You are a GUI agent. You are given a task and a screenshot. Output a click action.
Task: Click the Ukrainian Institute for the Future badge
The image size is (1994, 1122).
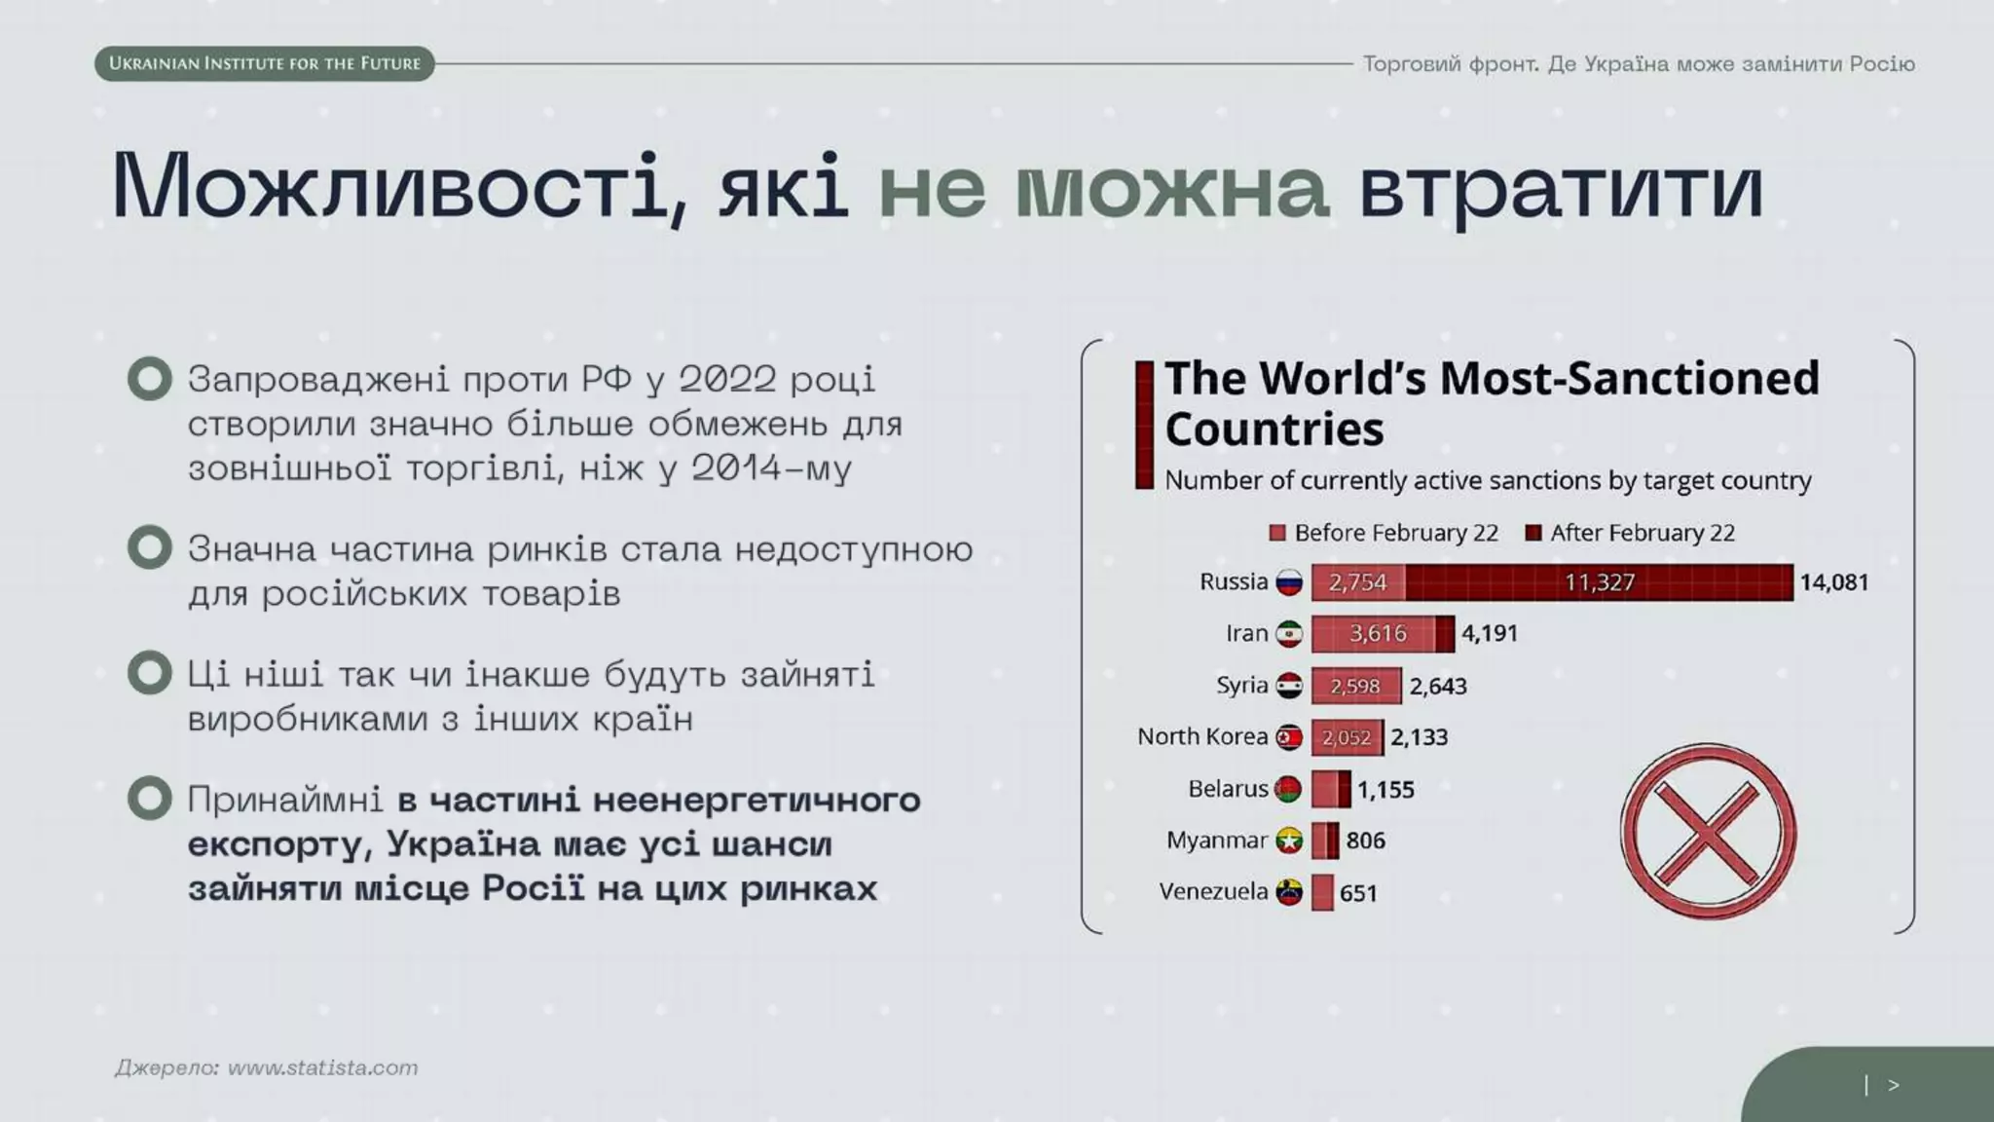(x=264, y=63)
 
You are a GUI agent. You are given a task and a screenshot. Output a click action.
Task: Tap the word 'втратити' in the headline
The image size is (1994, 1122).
(x=1560, y=186)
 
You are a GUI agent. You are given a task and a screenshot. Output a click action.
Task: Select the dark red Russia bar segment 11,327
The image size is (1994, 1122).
(x=1599, y=582)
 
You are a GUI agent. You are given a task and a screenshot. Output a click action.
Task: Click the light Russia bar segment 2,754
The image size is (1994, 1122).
(x=1357, y=582)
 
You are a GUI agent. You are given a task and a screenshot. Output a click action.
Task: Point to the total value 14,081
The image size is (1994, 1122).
(x=1833, y=582)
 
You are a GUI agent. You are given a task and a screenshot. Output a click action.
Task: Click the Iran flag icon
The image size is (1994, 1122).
(x=1289, y=634)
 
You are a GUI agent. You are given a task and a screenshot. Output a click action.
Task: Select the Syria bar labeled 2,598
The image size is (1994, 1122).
(x=1355, y=686)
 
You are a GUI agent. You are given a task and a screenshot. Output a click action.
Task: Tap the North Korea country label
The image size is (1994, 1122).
(x=1201, y=736)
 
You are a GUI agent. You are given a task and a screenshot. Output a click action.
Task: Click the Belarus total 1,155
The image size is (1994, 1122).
(x=1385, y=789)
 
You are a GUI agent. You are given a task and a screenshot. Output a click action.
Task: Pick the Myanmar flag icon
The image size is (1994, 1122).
(x=1289, y=841)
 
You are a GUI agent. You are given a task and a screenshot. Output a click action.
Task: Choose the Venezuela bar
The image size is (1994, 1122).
(x=1322, y=892)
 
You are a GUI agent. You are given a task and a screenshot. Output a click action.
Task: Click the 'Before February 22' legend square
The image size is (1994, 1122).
(x=1277, y=533)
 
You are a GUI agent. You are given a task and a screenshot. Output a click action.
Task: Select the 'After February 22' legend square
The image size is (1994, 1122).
(x=1533, y=533)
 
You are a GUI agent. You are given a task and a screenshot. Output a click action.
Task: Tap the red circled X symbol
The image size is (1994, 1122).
(x=1708, y=832)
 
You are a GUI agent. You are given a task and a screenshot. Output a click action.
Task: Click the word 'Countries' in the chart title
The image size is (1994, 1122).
(x=1274, y=430)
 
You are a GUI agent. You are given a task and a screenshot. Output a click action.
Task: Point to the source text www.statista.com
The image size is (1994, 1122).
(x=322, y=1067)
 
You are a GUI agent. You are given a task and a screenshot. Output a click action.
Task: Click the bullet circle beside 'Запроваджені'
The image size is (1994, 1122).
(x=150, y=379)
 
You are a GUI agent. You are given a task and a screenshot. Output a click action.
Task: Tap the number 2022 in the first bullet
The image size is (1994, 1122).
(x=727, y=379)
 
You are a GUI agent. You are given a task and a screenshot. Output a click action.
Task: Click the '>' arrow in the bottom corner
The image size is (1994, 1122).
(x=1893, y=1085)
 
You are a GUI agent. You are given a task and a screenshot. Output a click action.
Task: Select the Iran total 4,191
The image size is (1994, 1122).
(x=1490, y=634)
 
